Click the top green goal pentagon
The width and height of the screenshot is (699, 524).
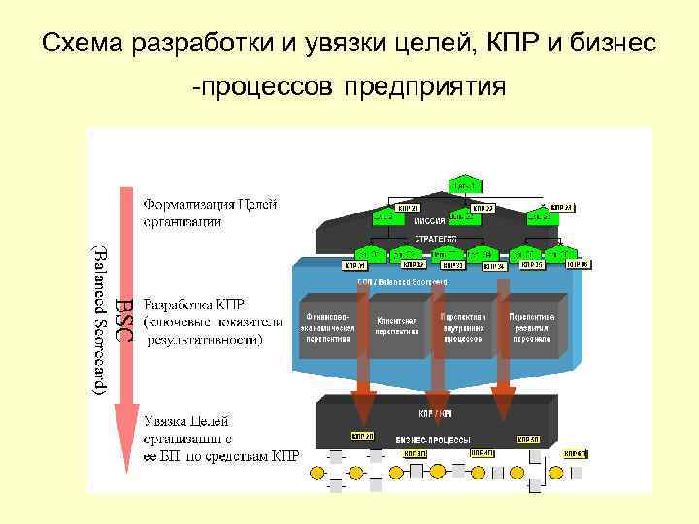point(463,183)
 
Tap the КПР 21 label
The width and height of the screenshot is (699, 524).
point(407,208)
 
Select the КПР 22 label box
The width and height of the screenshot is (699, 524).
point(483,208)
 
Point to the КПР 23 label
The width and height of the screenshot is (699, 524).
point(562,208)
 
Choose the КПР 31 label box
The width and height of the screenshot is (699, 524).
point(355,265)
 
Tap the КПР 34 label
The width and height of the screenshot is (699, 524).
point(494,265)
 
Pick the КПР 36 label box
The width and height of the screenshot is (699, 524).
point(579,265)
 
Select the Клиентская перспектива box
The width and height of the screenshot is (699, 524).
point(396,325)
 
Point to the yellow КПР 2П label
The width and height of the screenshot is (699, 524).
point(362,436)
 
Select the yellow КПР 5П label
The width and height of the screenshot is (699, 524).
point(531,436)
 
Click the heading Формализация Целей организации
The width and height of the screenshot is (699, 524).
point(210,213)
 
